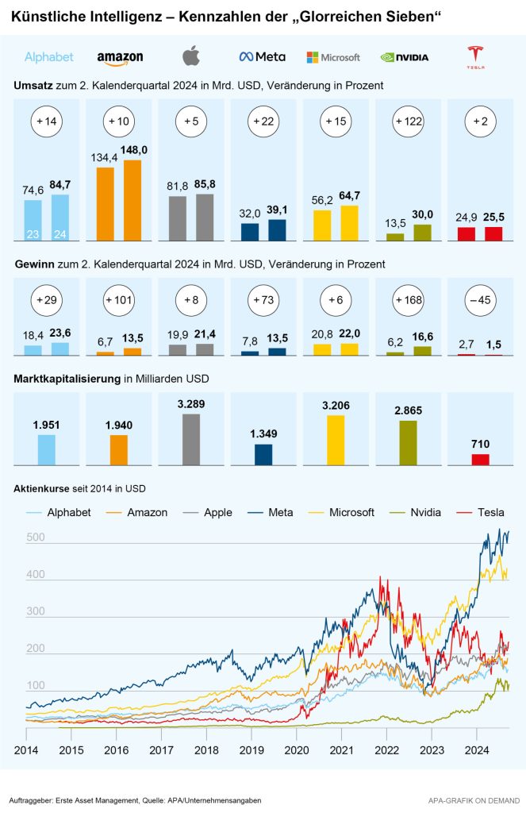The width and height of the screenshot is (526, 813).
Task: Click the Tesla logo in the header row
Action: pyautogui.click(x=475, y=56)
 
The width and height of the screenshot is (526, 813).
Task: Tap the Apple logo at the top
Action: pyautogui.click(x=191, y=56)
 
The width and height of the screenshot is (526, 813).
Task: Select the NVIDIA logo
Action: pyautogui.click(x=405, y=57)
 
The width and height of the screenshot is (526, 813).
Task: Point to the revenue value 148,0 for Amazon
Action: pyautogui.click(x=134, y=150)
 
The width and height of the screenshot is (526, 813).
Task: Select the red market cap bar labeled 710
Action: pyautogui.click(x=481, y=459)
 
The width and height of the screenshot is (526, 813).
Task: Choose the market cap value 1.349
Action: pyautogui.click(x=263, y=433)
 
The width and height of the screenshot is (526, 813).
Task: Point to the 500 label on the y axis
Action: pyautogui.click(x=37, y=538)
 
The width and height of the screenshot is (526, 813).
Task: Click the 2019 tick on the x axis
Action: pyautogui.click(x=252, y=749)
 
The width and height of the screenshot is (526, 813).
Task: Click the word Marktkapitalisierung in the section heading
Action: pyautogui.click(x=67, y=380)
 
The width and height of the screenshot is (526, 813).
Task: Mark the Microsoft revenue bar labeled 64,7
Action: pyautogui.click(x=350, y=223)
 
